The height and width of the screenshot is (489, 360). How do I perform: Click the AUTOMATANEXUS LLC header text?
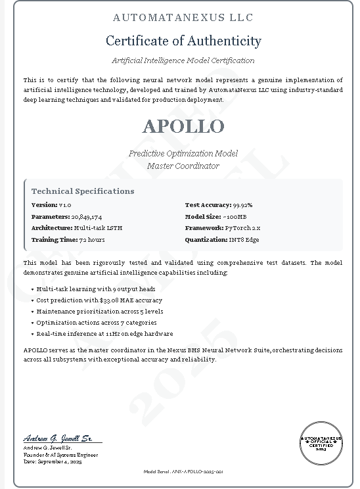click(183, 18)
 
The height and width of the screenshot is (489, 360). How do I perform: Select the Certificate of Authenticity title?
click(183, 41)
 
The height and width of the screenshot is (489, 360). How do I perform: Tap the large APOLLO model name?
click(183, 126)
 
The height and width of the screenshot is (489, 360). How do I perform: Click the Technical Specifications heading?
click(83, 191)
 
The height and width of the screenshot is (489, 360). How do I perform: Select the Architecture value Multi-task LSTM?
click(98, 228)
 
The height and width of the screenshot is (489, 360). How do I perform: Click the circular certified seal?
click(321, 443)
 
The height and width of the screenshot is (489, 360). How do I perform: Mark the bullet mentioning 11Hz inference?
click(104, 334)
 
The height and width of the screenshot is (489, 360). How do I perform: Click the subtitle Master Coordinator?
click(183, 166)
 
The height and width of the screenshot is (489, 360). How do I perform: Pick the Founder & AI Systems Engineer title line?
click(60, 455)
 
